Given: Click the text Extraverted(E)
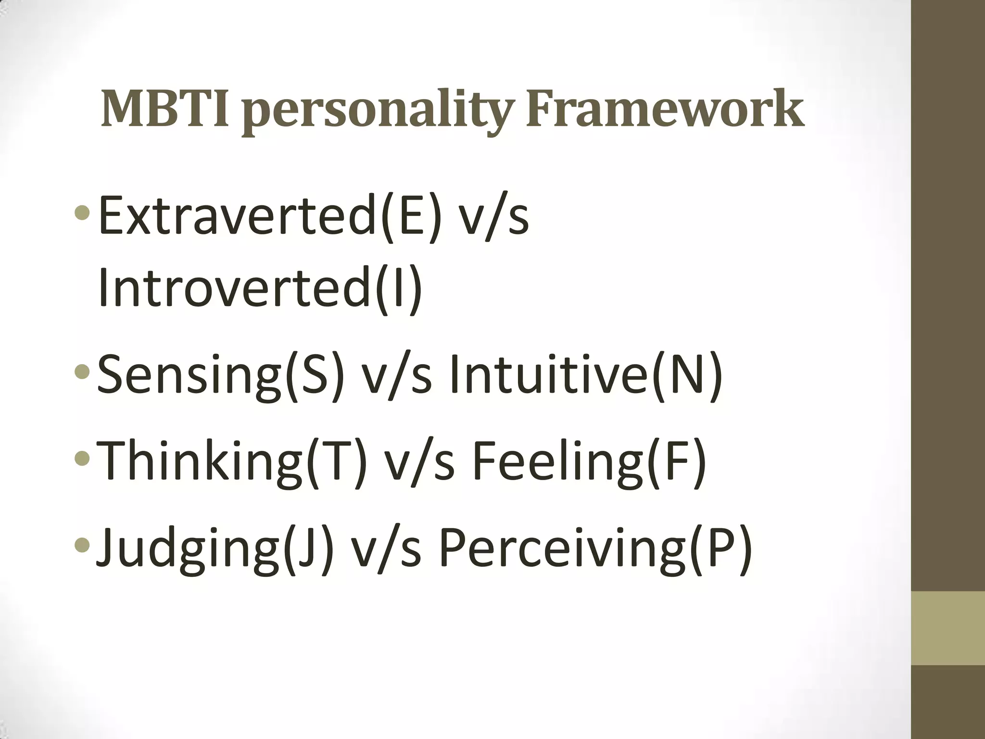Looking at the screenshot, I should pos(269,216).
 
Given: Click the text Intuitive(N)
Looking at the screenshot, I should pos(585,374).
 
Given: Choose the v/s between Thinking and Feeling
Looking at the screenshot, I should pos(419,460).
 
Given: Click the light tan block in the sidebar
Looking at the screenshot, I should pos(948,628).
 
